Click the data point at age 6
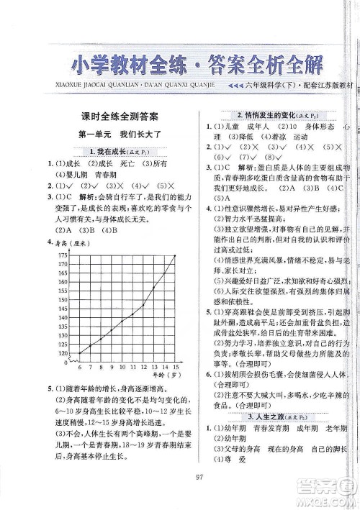tap(80, 352)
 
